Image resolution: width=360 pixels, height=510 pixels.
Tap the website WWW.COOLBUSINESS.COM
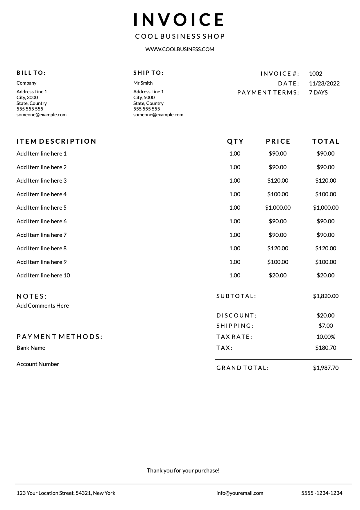[180, 49]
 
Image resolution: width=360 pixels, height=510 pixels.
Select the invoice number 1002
[316, 74]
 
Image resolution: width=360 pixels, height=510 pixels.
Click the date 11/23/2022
[324, 83]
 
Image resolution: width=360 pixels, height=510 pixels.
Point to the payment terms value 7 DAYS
[318, 92]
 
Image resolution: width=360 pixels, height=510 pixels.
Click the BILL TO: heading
[31, 73]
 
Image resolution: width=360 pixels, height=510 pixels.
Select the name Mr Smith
[143, 83]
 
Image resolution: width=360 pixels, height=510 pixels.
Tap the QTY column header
[235, 141]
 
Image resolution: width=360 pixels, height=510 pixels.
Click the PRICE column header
[278, 141]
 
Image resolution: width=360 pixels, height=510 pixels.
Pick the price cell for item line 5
[278, 208]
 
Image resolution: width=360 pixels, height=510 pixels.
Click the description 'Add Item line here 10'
[43, 275]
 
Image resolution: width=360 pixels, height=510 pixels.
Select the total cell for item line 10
[325, 275]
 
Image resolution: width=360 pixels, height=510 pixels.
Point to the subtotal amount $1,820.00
[326, 296]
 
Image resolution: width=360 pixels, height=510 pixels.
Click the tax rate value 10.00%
[326, 337]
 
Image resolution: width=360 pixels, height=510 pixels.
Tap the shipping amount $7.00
[326, 326]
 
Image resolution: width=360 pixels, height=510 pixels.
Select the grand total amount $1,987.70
[326, 368]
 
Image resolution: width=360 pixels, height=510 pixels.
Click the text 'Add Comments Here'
[43, 306]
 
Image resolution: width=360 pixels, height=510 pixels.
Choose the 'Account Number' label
[38, 364]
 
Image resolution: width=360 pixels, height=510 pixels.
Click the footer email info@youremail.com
[240, 493]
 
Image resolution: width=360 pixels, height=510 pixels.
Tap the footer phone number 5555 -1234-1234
[322, 493]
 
